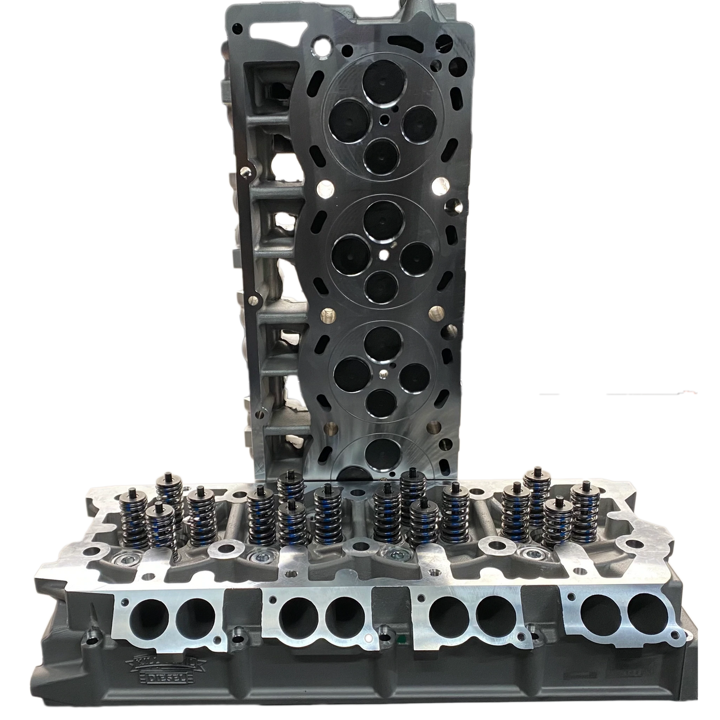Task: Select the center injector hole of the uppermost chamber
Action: point(386,119)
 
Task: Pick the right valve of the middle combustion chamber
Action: point(415,257)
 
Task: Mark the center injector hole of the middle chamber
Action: point(384,256)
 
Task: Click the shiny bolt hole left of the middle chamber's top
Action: point(324,190)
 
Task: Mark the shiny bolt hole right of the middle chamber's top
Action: point(439,186)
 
